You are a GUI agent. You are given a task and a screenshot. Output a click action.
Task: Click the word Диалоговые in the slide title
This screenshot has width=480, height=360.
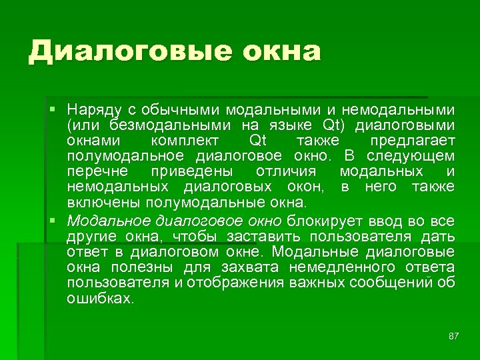point(119,51)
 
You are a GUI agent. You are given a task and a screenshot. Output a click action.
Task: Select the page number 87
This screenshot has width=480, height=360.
point(453,335)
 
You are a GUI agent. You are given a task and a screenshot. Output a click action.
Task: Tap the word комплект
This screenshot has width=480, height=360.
point(180,141)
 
